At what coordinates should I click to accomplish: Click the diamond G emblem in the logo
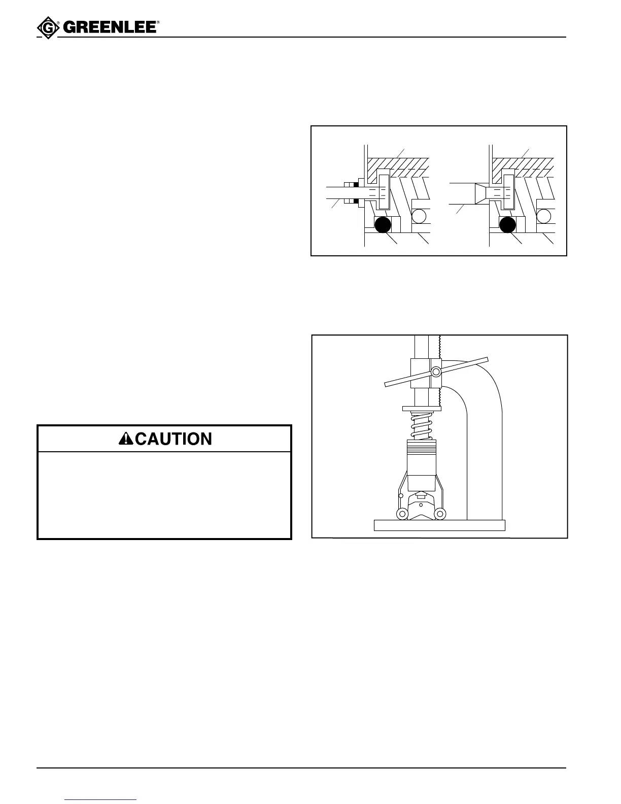click(48, 28)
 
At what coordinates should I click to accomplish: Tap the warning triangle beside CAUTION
click(126, 439)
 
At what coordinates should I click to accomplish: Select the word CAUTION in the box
click(174, 439)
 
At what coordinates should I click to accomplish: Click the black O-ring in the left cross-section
click(383, 224)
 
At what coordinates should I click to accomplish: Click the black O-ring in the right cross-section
click(507, 224)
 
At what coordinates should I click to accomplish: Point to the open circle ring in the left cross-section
click(419, 216)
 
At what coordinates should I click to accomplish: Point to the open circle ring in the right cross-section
click(544, 216)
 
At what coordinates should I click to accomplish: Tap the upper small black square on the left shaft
click(356, 185)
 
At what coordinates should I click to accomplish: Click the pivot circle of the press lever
click(435, 373)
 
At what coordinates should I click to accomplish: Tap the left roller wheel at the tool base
click(402, 514)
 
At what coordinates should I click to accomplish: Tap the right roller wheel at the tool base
click(440, 514)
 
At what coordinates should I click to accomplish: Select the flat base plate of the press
click(439, 525)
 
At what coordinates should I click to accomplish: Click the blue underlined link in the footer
click(101, 800)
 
